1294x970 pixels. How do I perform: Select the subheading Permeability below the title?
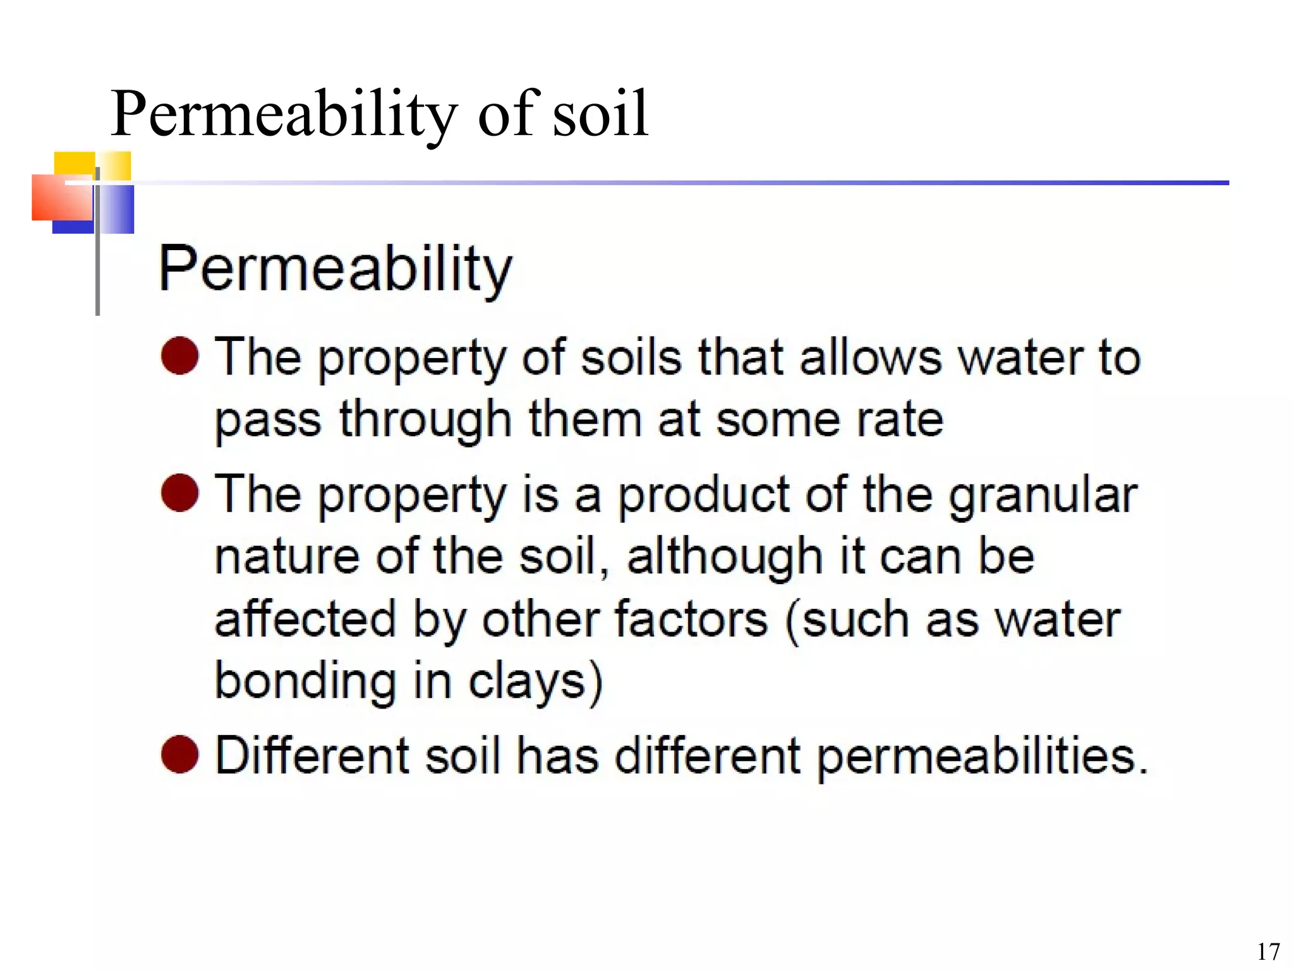[335, 270]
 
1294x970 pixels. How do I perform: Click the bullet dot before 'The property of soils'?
[180, 356]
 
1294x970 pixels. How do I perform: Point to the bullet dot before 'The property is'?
[180, 493]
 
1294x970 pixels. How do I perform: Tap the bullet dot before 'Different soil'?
[180, 754]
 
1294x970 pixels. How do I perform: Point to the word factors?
[691, 619]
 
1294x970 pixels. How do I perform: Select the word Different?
[313, 755]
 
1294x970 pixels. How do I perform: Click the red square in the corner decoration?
[62, 197]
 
